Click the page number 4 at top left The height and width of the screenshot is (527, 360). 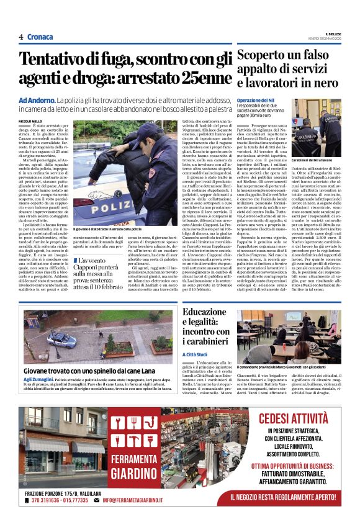(21, 37)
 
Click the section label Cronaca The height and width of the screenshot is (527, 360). (40, 37)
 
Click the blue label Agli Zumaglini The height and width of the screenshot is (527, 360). (39, 379)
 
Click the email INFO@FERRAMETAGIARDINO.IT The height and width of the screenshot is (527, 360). (132, 500)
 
